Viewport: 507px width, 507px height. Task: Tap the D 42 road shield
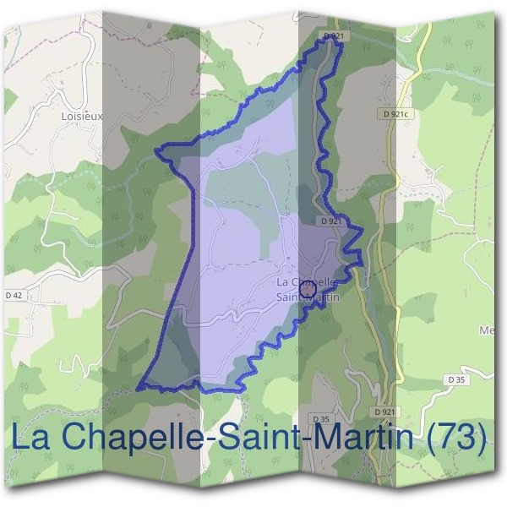tap(14, 296)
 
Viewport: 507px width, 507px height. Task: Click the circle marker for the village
tap(308, 290)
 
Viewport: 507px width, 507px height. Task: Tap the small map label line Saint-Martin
tap(308, 297)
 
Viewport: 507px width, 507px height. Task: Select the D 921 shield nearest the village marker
tap(331, 221)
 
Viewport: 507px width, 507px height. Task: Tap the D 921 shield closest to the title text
tap(385, 412)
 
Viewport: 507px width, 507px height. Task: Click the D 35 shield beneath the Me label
tap(457, 379)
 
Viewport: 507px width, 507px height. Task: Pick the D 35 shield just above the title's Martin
tap(321, 419)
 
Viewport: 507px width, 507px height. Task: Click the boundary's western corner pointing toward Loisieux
tap(156, 152)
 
